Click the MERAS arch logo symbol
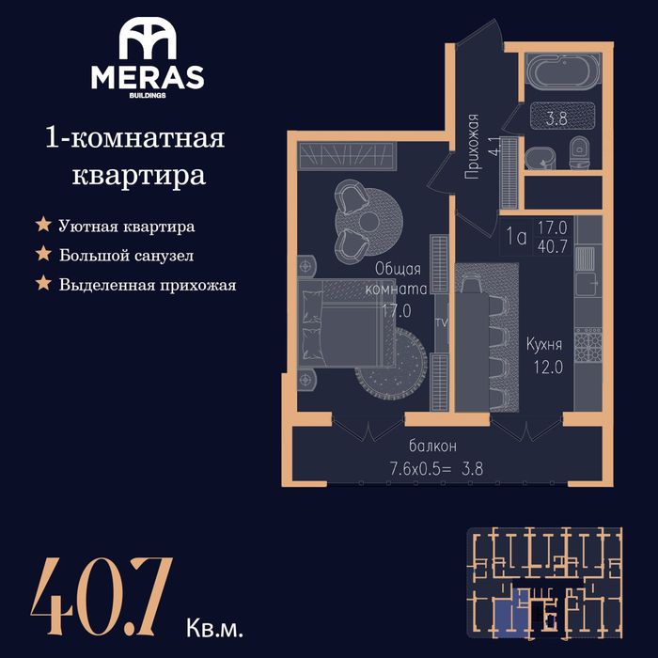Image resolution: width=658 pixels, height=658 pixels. tap(148, 39)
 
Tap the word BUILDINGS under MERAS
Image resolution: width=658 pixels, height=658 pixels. tap(148, 95)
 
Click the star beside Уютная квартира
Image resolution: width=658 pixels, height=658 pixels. tap(43, 225)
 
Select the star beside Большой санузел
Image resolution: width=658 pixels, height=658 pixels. tap(43, 254)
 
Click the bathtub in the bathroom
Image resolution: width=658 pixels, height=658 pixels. tap(563, 71)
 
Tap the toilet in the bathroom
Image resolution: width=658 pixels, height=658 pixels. tap(579, 151)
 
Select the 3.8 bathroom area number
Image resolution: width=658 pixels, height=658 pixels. tap(556, 118)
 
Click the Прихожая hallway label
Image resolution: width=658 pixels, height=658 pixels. tap(473, 147)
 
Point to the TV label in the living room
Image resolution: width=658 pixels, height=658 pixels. tap(442, 322)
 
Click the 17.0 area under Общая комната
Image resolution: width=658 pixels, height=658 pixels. tap(397, 311)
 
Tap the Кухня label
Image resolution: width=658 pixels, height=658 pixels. tap(544, 345)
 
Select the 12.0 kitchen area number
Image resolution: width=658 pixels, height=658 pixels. tap(548, 368)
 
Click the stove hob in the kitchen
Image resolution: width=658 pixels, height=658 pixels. tap(587, 345)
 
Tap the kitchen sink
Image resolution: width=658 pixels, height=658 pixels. tap(585, 258)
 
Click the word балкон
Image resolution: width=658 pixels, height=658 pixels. tap(432, 446)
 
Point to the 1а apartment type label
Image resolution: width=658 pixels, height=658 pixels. tap(516, 237)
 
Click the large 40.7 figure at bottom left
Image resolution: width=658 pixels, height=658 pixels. tap(102, 595)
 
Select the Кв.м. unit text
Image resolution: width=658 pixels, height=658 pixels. tap(214, 628)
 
